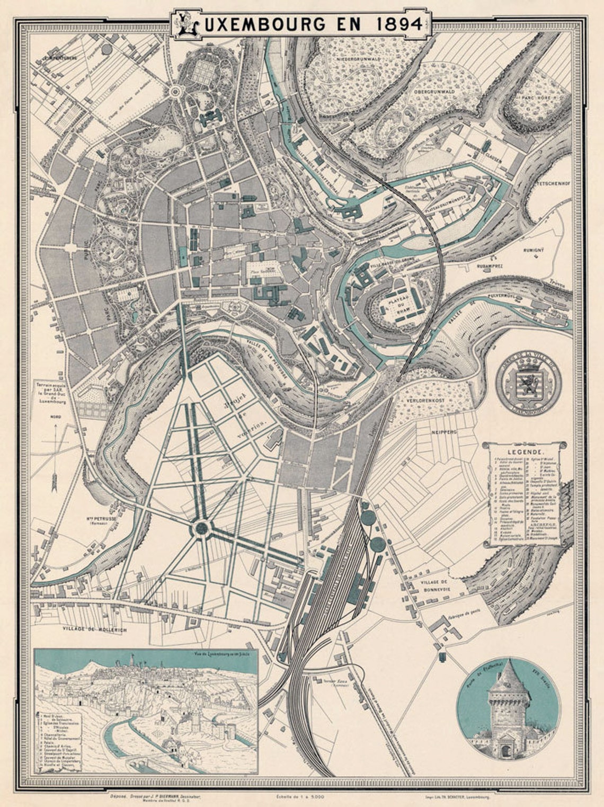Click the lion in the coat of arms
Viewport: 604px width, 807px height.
[528, 382]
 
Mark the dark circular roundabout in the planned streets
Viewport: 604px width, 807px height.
[202, 528]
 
